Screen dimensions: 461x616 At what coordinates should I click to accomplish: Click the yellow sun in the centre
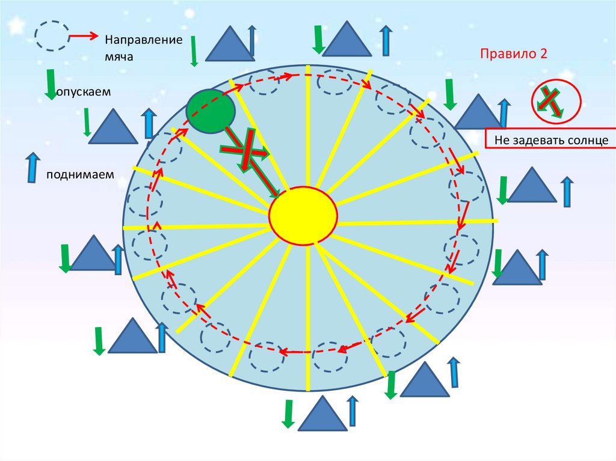[303, 216]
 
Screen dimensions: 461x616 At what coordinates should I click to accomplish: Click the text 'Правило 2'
[513, 53]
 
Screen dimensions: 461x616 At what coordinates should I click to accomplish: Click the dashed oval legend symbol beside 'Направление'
[51, 36]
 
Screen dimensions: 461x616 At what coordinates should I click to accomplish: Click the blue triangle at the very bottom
[322, 415]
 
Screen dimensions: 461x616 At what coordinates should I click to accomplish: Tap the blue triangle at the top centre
[346, 40]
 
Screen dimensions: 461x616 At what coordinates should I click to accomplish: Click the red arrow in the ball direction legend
[84, 37]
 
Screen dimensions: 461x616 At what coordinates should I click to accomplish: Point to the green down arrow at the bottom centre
[288, 414]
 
